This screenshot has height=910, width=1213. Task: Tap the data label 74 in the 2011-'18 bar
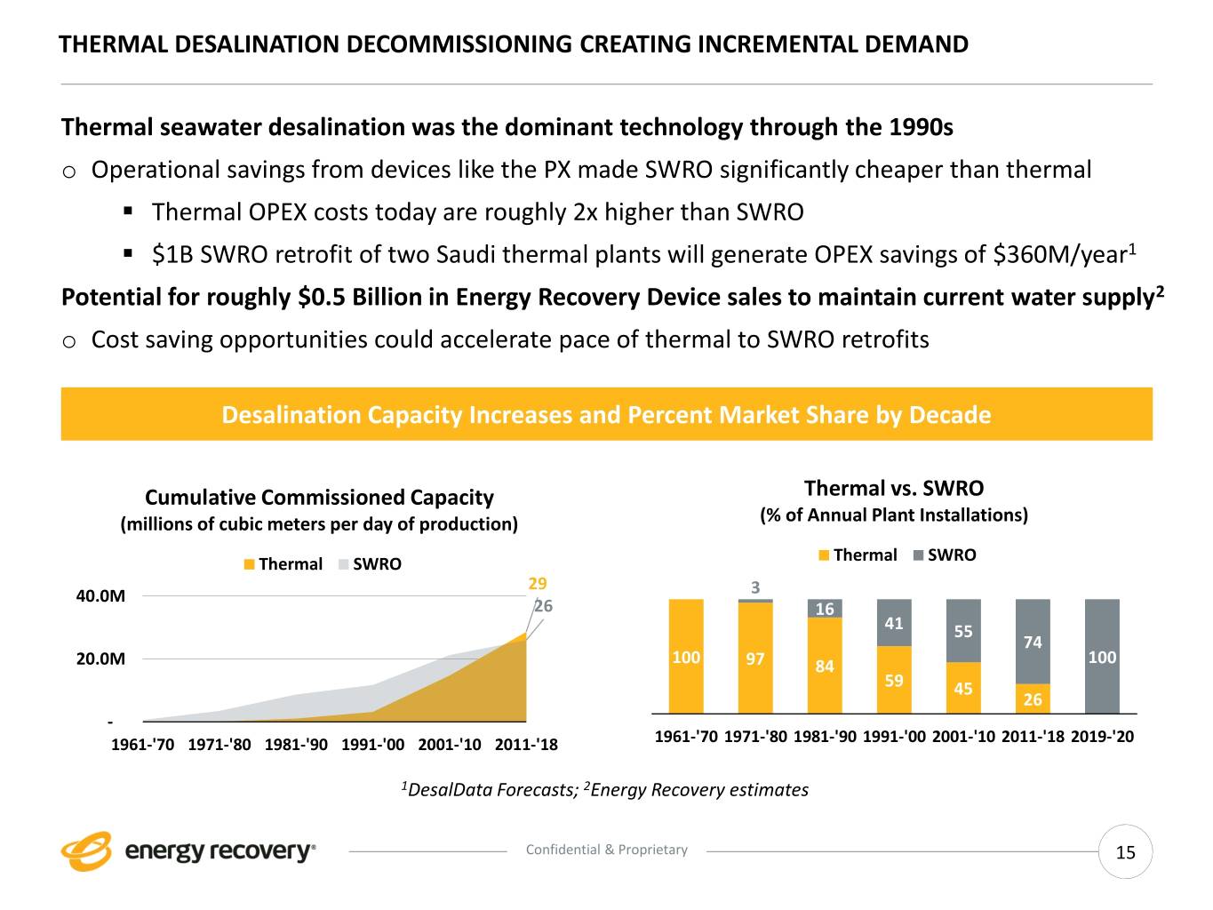(x=1033, y=642)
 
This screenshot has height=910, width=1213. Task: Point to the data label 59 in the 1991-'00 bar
(x=894, y=681)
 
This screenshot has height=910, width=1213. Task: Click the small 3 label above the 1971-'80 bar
(x=755, y=587)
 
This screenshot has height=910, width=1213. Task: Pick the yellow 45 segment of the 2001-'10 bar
(x=963, y=688)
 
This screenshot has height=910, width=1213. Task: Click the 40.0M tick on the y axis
(x=100, y=595)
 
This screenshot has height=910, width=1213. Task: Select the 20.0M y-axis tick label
(x=100, y=659)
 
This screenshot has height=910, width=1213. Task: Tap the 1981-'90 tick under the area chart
(x=296, y=744)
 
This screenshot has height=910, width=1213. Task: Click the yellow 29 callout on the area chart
(x=538, y=584)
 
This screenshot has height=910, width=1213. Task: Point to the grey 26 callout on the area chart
(x=543, y=606)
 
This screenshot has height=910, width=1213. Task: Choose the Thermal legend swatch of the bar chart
(x=824, y=555)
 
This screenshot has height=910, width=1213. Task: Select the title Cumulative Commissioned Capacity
(x=319, y=497)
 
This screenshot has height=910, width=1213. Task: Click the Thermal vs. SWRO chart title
(x=893, y=488)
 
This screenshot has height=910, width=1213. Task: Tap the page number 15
(x=1125, y=852)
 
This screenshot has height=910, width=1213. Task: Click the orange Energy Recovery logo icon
(x=86, y=851)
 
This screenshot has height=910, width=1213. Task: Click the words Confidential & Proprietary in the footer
(x=606, y=850)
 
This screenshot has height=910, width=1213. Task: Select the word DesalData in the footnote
(x=448, y=790)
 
